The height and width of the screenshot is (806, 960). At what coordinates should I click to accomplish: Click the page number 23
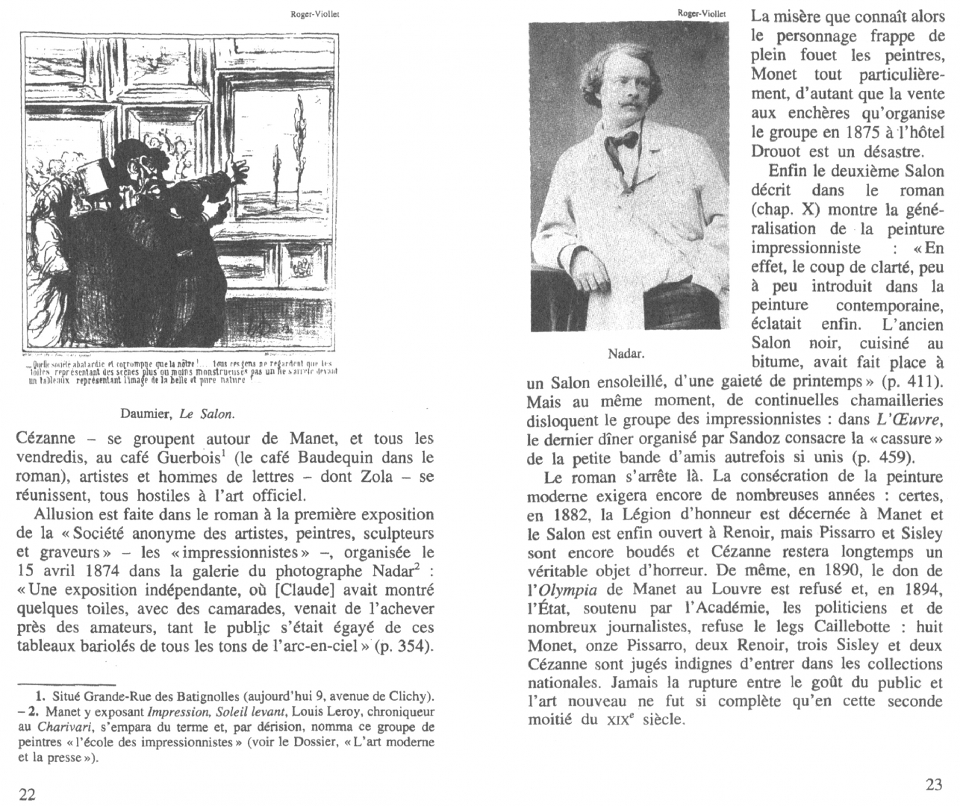pyautogui.click(x=934, y=785)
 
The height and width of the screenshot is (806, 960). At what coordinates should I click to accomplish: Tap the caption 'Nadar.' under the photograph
pyautogui.click(x=626, y=352)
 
